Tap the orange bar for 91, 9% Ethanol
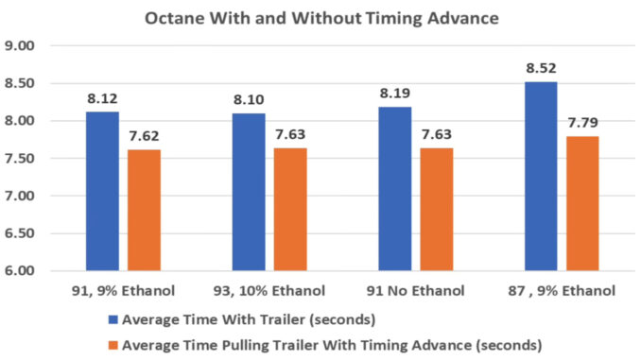[x=144, y=210]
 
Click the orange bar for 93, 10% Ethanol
[x=289, y=210]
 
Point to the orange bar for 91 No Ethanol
[x=436, y=210]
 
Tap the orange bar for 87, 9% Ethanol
[x=581, y=204]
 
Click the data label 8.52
[x=540, y=68]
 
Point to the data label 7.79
[x=581, y=123]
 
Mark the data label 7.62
[x=144, y=135]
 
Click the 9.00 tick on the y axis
[x=21, y=45]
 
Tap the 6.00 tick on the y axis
[x=21, y=271]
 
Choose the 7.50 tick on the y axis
[x=21, y=159]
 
